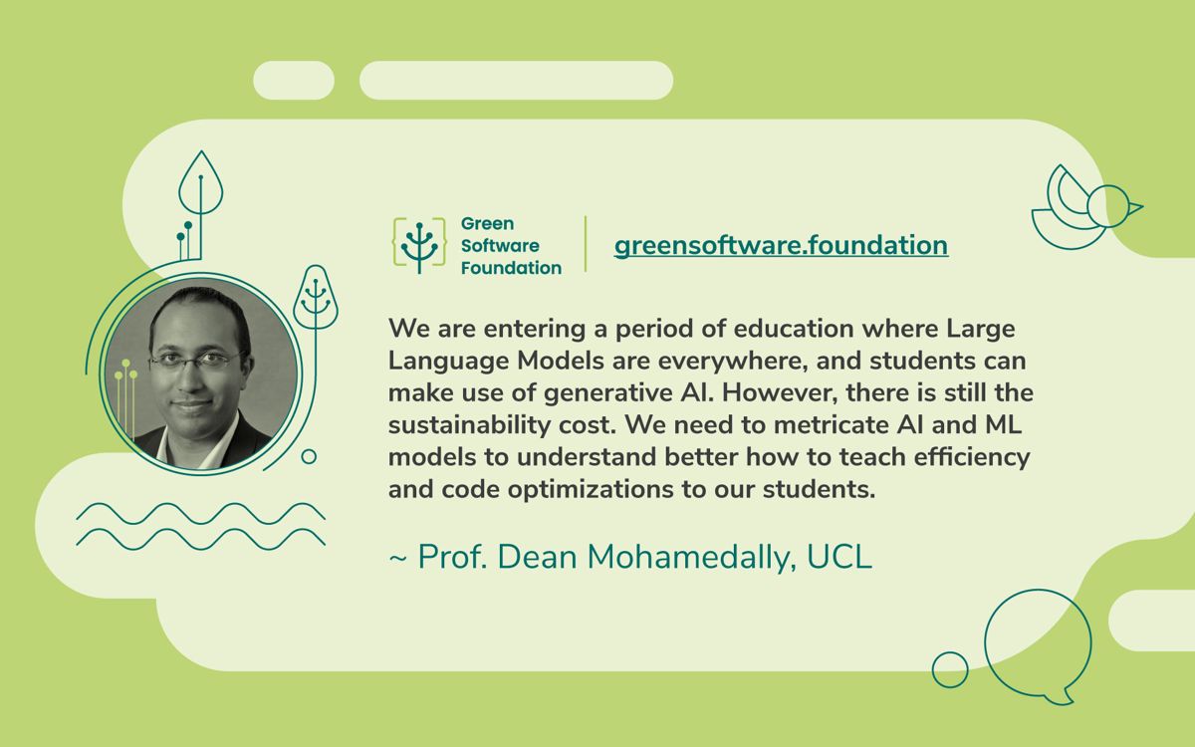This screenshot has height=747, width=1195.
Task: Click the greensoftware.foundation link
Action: [781, 245]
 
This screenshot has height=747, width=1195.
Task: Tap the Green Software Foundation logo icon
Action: [420, 245]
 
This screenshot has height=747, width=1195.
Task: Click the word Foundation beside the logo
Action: [511, 268]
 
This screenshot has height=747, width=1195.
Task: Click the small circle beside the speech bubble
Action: [950, 669]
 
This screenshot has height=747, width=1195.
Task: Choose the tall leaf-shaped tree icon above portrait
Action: [201, 184]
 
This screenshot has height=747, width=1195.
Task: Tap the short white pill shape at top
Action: [294, 81]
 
